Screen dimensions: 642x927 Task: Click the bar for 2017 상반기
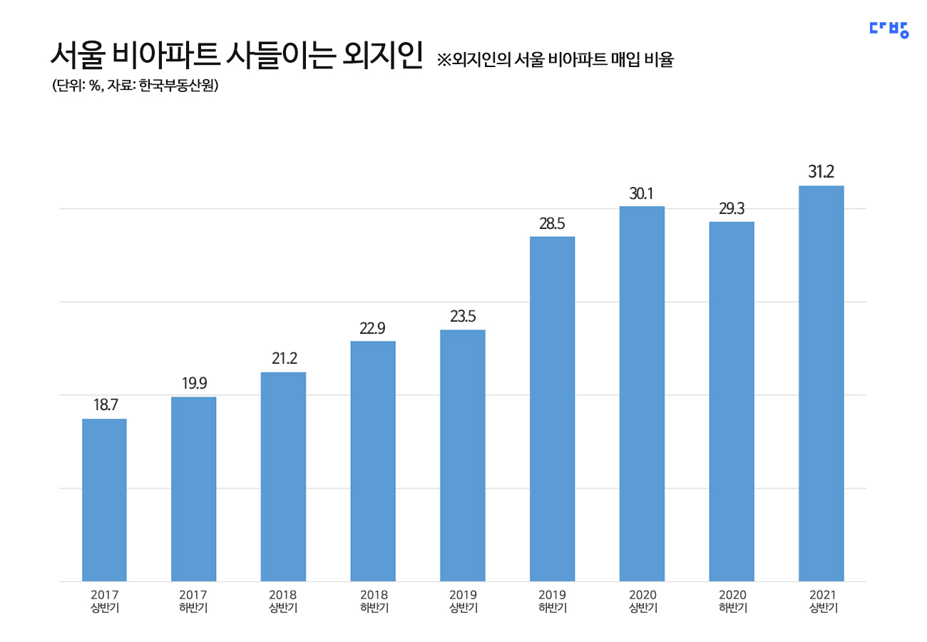click(x=104, y=499)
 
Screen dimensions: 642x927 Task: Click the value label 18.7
click(x=105, y=405)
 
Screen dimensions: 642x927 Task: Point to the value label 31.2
click(x=821, y=172)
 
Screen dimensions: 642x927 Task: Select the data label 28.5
click(x=552, y=223)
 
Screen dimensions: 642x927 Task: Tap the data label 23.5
click(x=463, y=316)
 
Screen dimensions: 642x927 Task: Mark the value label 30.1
click(x=642, y=193)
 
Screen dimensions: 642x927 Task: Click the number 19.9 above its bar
click(x=194, y=383)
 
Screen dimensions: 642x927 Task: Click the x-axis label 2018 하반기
click(x=373, y=601)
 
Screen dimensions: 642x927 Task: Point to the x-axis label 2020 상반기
click(x=642, y=601)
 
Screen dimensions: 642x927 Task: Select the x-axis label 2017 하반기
click(x=194, y=601)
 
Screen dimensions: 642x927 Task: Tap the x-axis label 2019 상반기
click(x=463, y=601)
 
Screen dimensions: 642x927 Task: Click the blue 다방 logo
click(x=888, y=29)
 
